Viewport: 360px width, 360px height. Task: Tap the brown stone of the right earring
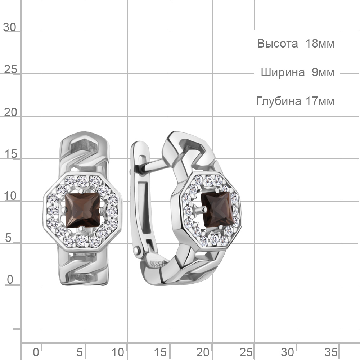pos(217,210)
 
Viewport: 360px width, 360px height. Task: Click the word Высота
pos(277,44)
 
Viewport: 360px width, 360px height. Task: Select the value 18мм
pos(320,44)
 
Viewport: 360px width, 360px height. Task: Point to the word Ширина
pos(283,72)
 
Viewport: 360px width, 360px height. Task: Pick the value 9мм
pos(323,72)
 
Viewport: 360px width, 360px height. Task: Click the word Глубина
pos(279,101)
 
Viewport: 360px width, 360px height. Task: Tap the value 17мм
pos(320,101)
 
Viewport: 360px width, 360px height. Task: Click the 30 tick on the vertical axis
pos(10,27)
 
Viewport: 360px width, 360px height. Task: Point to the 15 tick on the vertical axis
pos(10,154)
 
